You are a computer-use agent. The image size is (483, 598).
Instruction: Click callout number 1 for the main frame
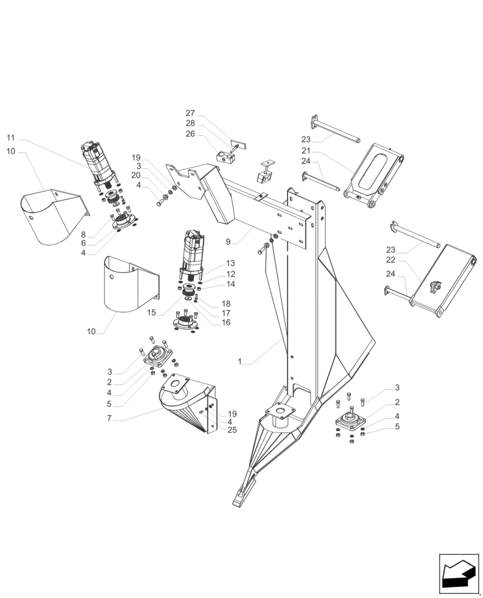pos(240,362)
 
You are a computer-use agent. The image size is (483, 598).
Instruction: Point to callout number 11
pos(11,138)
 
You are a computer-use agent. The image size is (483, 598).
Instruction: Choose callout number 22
pos(390,260)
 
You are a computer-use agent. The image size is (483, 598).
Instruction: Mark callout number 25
pos(232,429)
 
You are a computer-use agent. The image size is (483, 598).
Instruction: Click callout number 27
pos(190,113)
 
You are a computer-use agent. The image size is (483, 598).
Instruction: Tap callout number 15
pos(151,313)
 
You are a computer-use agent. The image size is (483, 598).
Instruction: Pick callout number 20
pos(136,175)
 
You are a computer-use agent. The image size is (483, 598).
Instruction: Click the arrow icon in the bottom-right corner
pos(458,575)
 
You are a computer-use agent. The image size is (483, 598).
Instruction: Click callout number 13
pos(230,264)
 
